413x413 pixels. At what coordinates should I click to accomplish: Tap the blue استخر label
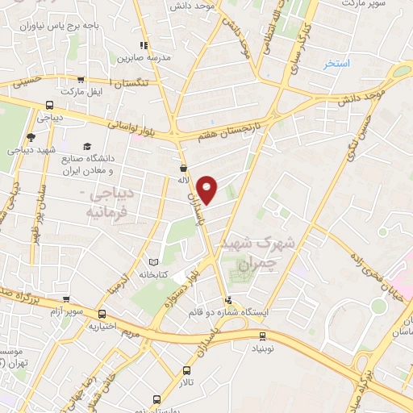336,64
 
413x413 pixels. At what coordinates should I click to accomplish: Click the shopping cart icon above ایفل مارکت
81,79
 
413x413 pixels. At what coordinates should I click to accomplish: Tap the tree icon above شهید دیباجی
31,137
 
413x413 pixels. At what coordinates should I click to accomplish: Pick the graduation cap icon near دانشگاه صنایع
87,145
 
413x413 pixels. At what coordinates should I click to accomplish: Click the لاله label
184,181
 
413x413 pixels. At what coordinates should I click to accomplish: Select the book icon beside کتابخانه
153,261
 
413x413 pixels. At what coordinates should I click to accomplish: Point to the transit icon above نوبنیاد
262,336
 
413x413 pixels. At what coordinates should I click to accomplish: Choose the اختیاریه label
103,327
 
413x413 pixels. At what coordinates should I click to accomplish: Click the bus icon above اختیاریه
102,314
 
